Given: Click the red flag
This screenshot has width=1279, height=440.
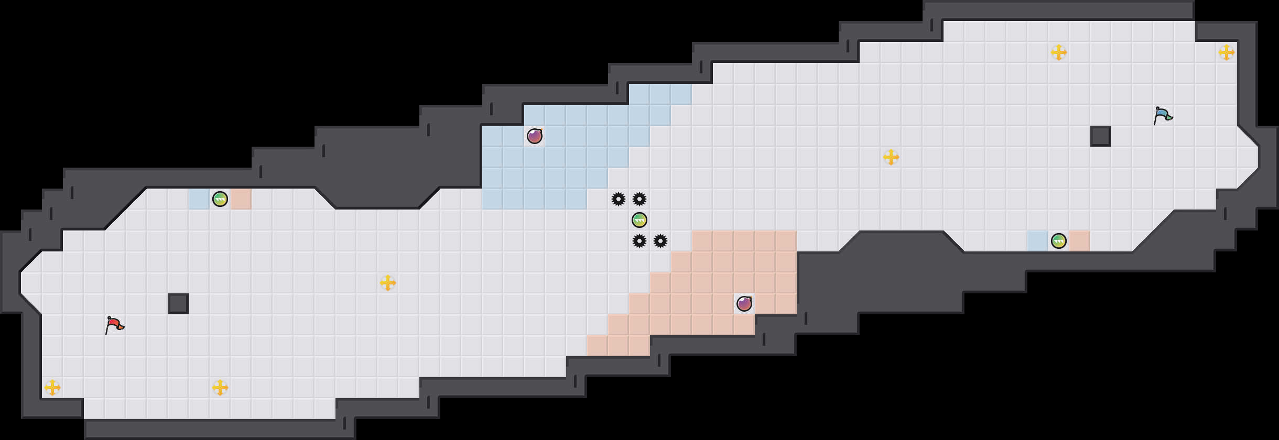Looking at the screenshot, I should click(114, 325).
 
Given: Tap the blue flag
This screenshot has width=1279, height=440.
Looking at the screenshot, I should click(1163, 115).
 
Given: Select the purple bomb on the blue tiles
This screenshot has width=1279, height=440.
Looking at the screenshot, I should click(535, 136).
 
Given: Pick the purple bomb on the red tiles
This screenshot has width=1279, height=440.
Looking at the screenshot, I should click(744, 304).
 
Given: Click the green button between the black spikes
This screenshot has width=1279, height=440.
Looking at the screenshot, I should click(639, 220).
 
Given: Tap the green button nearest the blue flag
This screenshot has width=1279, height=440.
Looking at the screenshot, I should click(1059, 241).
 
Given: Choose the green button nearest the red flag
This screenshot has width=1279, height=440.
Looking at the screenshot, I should click(220, 199).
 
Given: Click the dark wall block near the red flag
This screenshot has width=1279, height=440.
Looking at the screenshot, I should click(178, 304).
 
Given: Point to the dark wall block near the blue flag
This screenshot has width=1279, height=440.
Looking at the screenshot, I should click(1101, 136).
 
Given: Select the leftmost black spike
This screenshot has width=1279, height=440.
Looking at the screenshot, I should click(619, 199).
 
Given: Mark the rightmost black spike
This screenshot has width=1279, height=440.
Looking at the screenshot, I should click(660, 241).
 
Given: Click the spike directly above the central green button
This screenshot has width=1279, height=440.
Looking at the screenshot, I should click(639, 199).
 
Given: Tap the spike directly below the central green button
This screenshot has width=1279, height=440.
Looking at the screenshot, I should click(639, 241).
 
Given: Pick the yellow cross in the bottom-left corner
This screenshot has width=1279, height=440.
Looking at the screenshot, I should click(52, 388).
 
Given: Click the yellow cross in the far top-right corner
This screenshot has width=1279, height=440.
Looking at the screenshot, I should click(1227, 52).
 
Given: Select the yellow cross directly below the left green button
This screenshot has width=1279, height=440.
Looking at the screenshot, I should click(220, 388).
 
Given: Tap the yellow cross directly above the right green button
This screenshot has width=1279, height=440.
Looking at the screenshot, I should click(1059, 52).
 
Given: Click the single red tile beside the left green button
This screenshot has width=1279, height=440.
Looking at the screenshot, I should click(241, 199).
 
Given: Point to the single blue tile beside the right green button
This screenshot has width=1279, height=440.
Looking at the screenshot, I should click(1038, 241).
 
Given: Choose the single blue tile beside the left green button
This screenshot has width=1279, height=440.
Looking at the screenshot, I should click(199, 199).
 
